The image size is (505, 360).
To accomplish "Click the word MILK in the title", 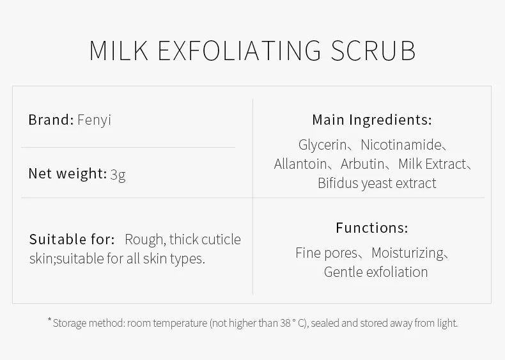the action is tap(119, 51).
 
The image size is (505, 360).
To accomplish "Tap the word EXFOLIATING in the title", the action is tap(240, 51).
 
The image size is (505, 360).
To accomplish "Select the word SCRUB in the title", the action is tap(373, 51).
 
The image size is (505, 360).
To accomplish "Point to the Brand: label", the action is tap(51, 120).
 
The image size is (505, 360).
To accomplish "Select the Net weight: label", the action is tap(68, 174).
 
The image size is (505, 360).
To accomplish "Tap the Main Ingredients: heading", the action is tap(372, 120).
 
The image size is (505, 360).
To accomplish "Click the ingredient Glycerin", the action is tap(322, 145).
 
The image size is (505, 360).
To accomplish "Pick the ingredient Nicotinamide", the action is tap(401, 145).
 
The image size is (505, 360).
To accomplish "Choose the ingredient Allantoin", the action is tap(300, 164).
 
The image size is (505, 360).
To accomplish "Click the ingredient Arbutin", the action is tap(362, 164).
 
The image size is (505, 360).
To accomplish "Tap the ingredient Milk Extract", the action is tap(432, 164).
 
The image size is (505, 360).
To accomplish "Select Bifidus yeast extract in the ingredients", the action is tap(377, 184).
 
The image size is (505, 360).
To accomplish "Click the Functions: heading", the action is tap(372, 228).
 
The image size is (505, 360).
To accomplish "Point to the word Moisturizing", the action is tap(408, 253).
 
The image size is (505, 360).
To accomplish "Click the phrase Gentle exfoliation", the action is tap(376, 272).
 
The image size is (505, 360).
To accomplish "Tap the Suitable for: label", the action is tap(72, 239).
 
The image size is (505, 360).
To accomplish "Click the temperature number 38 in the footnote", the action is tap(285, 323).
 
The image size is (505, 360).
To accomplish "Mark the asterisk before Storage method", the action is tap(50, 319).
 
